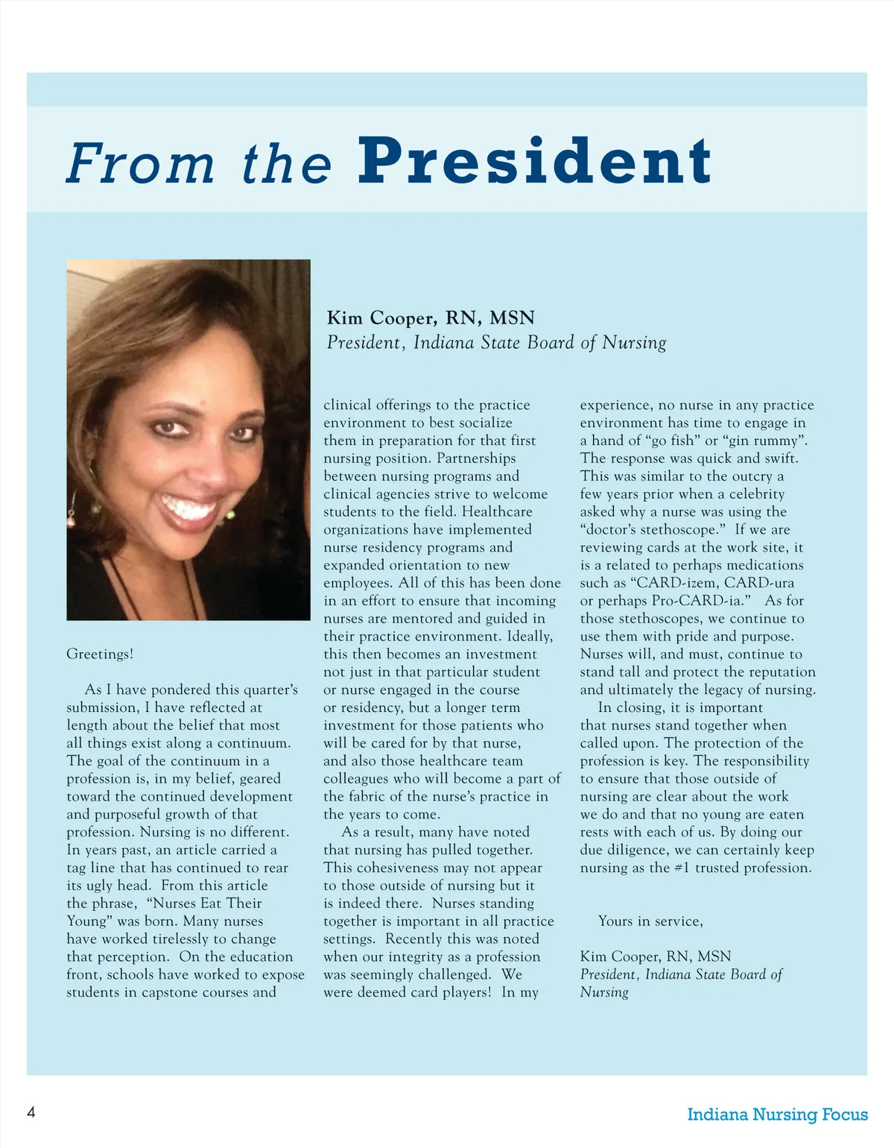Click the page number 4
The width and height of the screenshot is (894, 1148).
tap(31, 1112)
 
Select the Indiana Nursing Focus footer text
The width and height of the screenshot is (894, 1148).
tap(777, 1114)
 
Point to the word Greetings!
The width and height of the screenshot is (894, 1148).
tap(100, 654)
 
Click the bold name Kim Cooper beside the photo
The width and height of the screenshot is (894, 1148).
tap(382, 318)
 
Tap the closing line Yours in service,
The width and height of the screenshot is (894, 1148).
tap(650, 921)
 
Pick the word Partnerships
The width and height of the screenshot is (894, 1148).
tap(476, 458)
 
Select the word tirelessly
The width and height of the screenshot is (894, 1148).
tap(182, 939)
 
